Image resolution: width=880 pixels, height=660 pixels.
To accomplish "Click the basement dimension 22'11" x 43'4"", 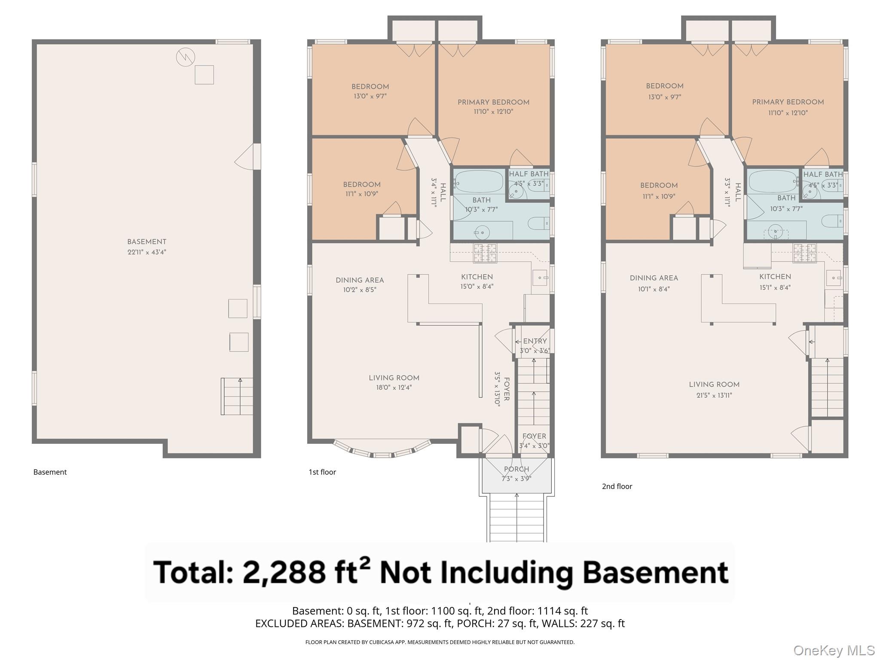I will [147, 252].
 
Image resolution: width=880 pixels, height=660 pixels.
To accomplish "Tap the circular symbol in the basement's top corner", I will [186, 57].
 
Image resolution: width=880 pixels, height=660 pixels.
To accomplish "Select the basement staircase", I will [237, 396].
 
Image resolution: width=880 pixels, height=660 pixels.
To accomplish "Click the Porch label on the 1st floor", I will [516, 469].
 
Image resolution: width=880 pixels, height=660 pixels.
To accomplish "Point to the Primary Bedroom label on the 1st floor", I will [493, 102].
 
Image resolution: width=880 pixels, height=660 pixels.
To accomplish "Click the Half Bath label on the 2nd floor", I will [823, 174].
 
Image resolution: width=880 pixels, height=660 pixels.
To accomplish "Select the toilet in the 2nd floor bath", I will [832, 222].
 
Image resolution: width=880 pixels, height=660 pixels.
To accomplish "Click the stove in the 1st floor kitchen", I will [485, 253].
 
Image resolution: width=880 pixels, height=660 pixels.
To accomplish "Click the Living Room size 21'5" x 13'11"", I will [714, 395].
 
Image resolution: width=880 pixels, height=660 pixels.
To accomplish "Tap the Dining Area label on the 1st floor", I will [360, 280].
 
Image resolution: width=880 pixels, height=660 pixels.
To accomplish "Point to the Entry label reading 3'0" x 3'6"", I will [535, 345].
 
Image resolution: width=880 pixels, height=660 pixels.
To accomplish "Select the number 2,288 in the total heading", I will [284, 572].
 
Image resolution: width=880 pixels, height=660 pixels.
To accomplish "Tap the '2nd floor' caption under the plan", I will [617, 486].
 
